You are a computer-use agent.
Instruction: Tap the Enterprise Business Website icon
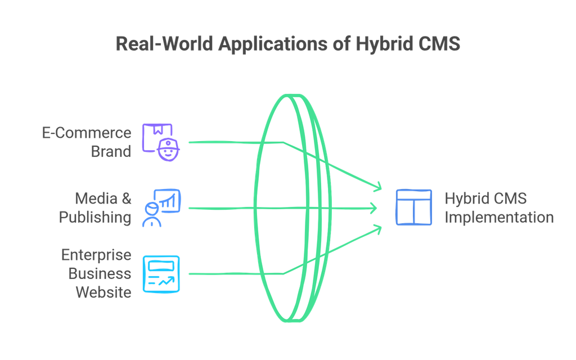point(161,273)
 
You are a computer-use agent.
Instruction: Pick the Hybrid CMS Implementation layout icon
point(413,208)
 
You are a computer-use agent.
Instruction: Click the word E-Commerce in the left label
point(87,133)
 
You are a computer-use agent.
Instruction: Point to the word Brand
point(111,151)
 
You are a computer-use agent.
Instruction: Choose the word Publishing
point(95,217)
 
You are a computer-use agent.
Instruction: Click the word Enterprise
point(96,255)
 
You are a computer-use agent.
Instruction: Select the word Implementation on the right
point(499,217)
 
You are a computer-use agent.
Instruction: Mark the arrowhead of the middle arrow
point(373,208)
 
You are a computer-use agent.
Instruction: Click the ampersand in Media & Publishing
point(126,199)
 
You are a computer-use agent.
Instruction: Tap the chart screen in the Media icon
point(169,200)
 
